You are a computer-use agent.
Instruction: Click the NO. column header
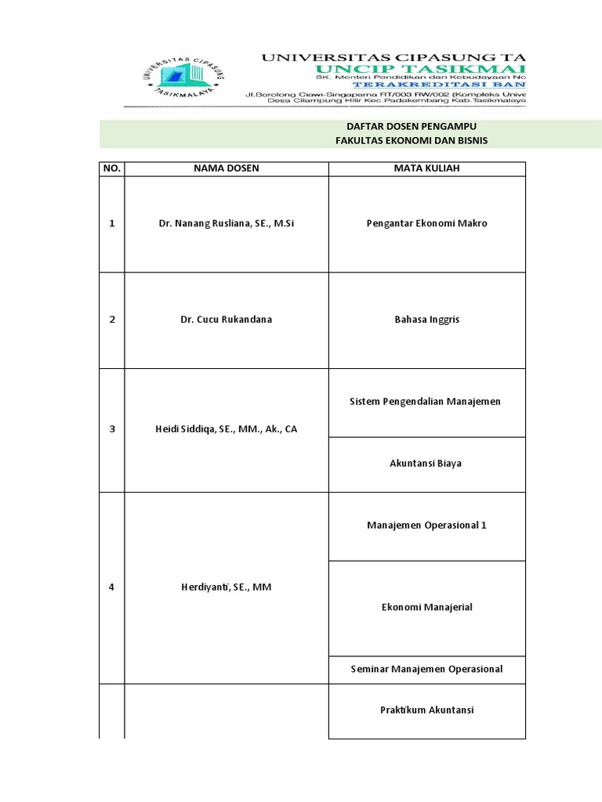112,168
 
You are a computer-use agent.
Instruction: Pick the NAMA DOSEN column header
226,168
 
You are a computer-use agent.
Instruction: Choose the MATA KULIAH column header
426,168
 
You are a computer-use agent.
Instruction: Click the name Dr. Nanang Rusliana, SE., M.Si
226,224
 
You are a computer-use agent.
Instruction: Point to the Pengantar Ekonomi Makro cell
426,224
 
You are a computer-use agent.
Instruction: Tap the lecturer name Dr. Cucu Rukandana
226,320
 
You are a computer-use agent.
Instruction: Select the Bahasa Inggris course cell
426,320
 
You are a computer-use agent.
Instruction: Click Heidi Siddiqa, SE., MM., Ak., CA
226,429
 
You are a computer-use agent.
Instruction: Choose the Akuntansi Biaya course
426,464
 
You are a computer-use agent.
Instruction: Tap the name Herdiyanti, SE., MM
226,587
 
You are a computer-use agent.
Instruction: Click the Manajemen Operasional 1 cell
426,525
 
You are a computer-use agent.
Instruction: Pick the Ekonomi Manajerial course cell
426,607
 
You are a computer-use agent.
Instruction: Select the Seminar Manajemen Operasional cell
426,669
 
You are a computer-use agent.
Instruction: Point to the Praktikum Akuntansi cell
426,710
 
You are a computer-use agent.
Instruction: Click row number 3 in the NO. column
112,429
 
